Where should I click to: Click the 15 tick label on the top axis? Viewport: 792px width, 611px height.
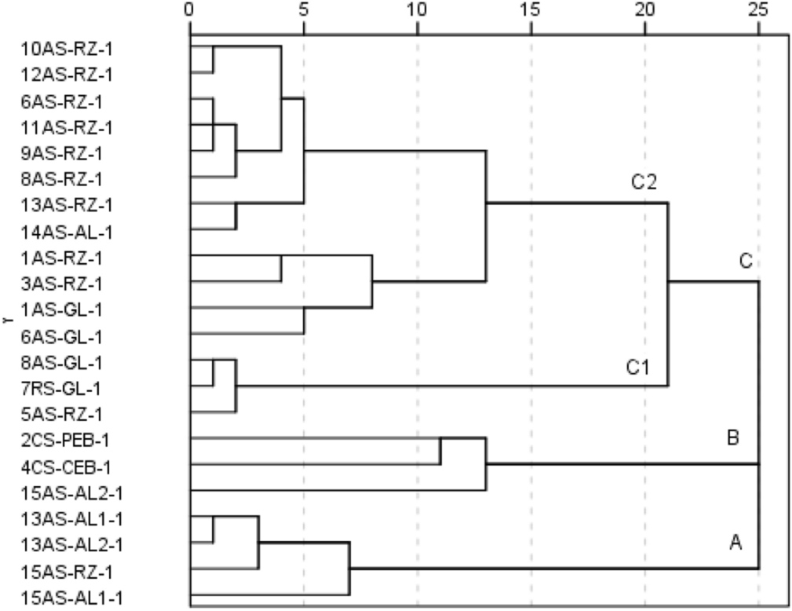point(531,10)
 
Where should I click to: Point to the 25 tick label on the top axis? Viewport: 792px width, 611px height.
point(758,10)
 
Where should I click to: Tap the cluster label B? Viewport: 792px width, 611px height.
point(733,437)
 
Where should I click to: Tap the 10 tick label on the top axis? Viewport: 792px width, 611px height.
point(417,10)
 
